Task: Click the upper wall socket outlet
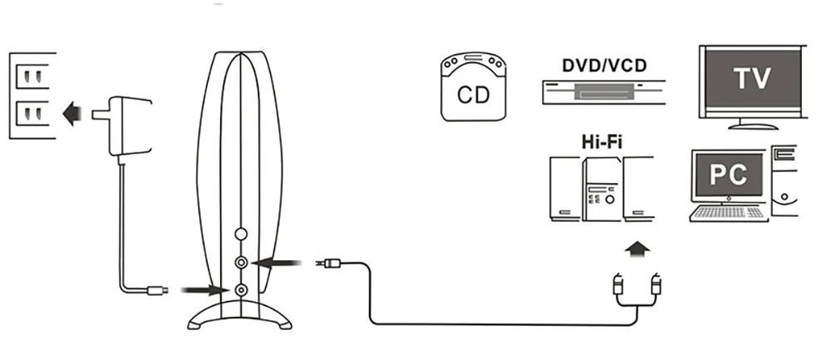point(32,77)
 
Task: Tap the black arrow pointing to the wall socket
point(76,110)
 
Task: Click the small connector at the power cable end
point(157,290)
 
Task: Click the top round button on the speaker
point(242,235)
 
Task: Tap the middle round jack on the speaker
point(242,263)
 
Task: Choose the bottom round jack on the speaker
point(242,290)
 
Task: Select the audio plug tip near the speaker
point(329,264)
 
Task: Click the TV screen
point(753,78)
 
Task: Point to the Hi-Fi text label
point(602,143)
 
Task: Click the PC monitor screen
point(729,175)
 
